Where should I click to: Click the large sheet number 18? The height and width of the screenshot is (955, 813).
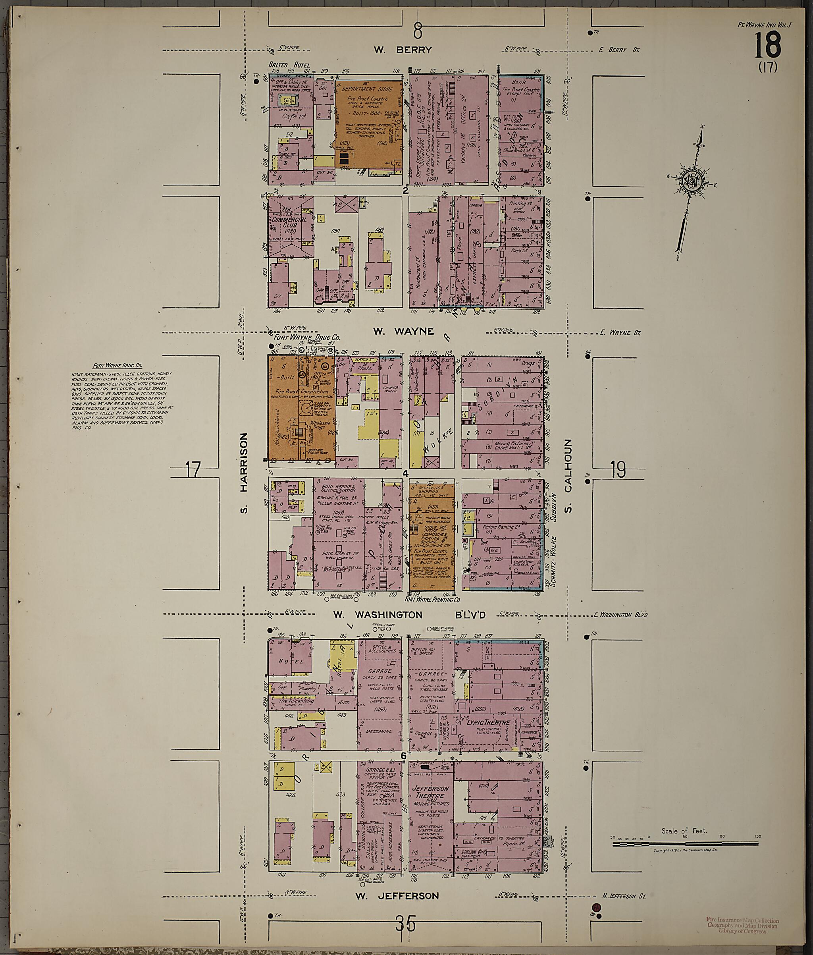click(768, 45)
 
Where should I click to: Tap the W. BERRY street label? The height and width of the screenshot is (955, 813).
click(403, 50)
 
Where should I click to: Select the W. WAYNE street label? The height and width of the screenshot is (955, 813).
click(403, 331)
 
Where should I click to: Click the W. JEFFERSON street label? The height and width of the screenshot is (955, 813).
click(397, 895)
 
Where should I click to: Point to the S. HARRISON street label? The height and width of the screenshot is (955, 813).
click(244, 473)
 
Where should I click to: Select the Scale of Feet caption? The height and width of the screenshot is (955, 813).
click(684, 831)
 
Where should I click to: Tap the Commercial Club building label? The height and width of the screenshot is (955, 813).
click(289, 223)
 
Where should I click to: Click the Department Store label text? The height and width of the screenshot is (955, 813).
click(367, 89)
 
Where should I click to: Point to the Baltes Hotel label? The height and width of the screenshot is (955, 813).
click(289, 64)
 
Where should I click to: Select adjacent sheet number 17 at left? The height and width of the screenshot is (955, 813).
click(193, 470)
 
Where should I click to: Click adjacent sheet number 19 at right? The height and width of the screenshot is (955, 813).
click(618, 470)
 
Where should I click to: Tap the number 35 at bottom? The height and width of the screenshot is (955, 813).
click(406, 923)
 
